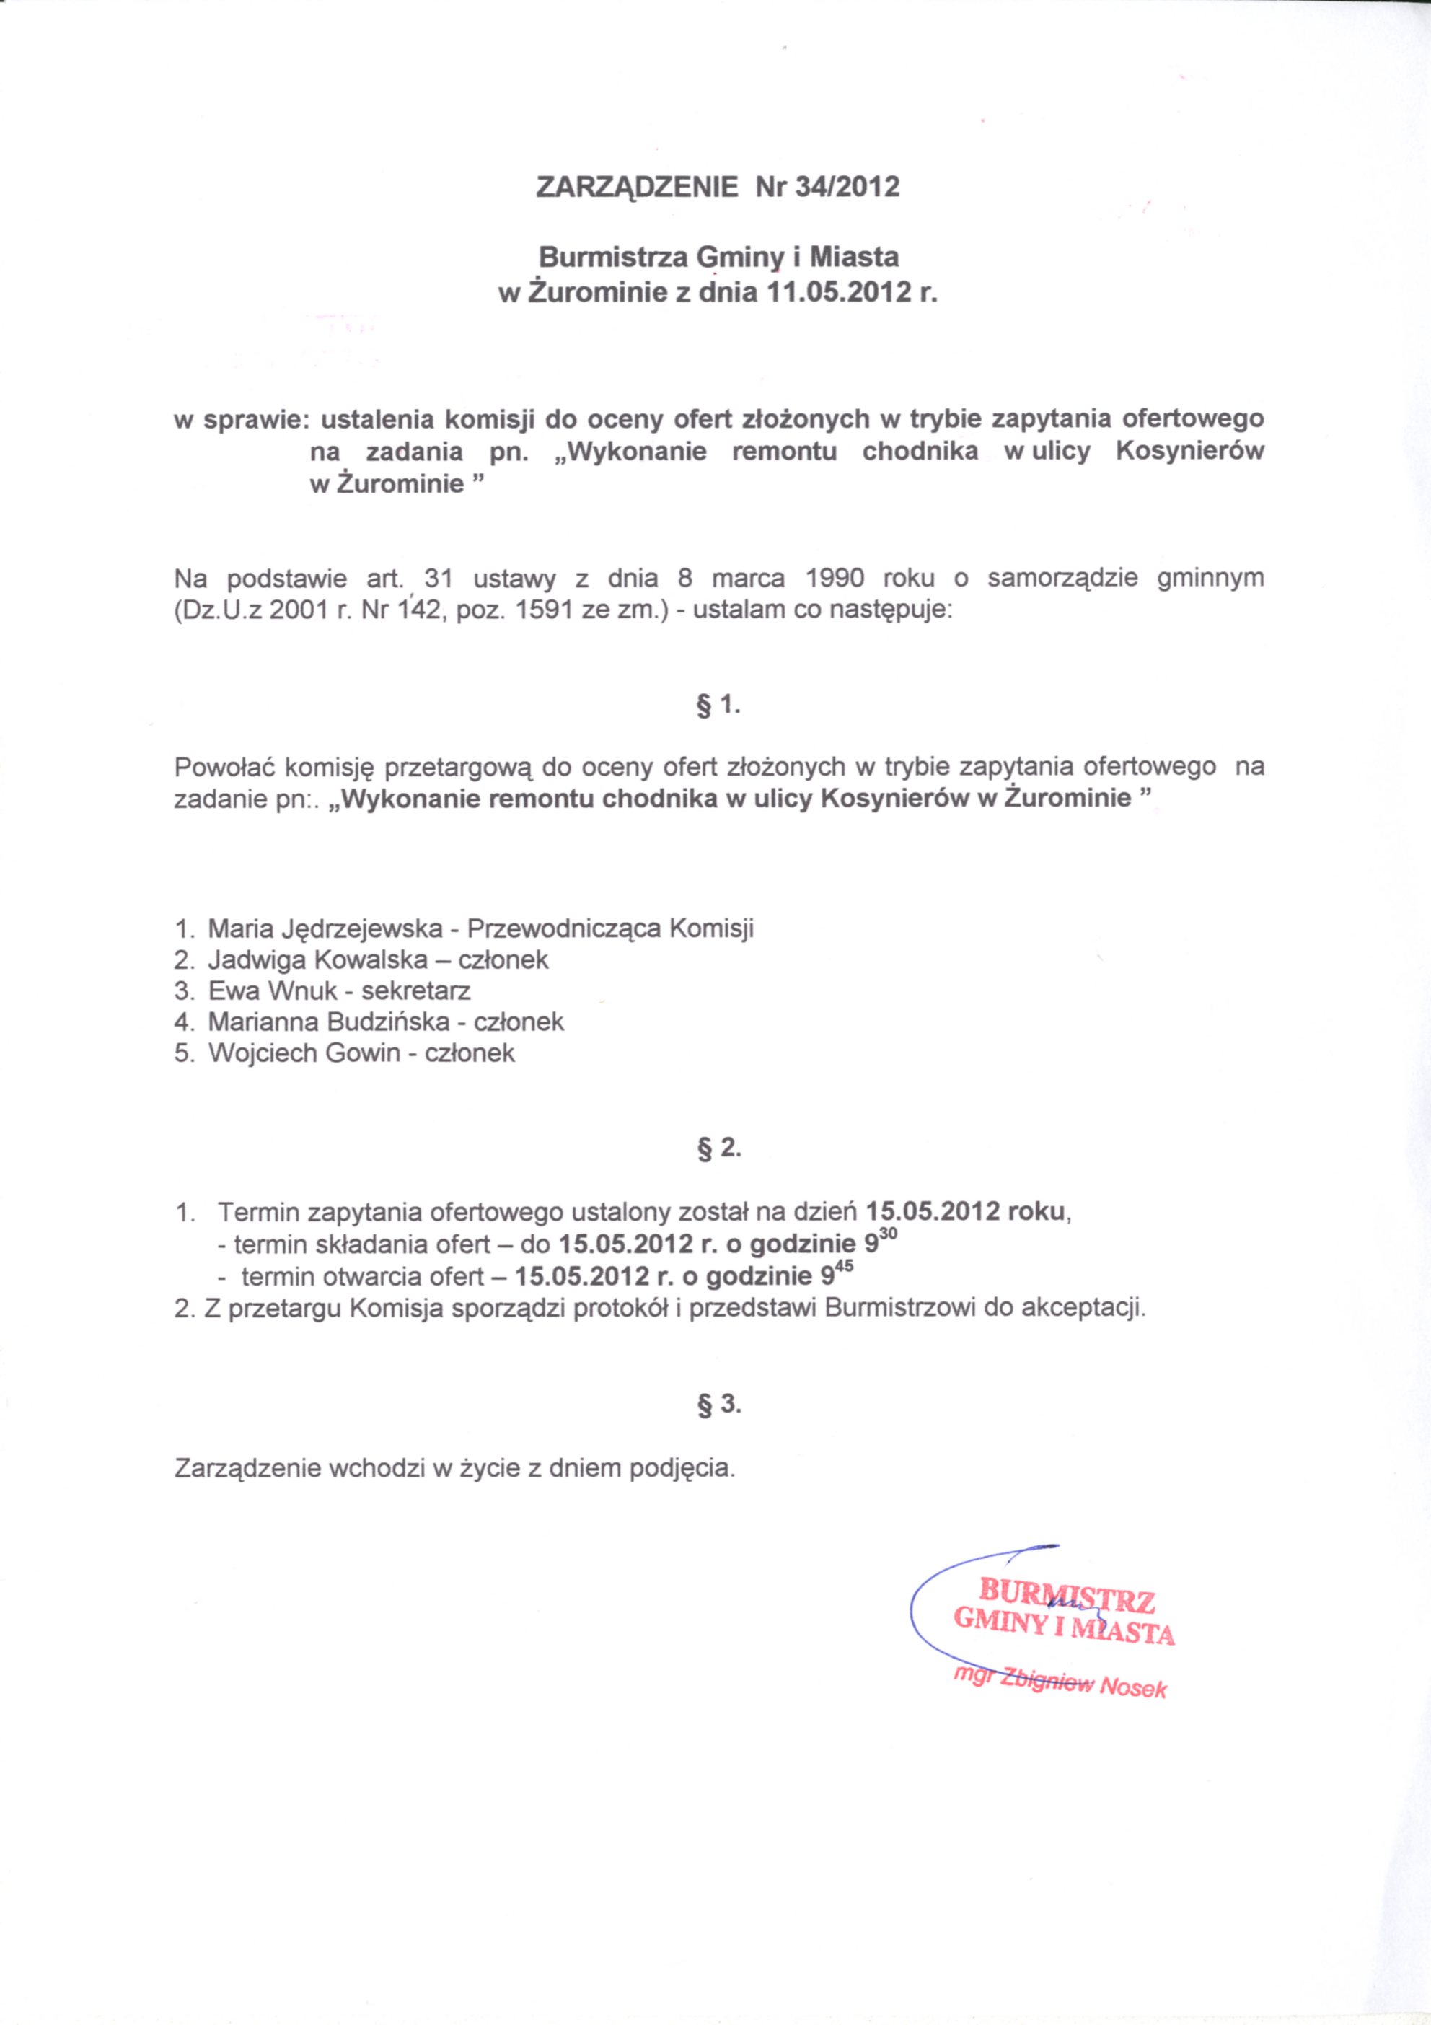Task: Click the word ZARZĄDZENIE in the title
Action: [637, 188]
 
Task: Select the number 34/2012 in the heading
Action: [847, 188]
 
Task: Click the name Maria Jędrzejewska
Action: [325, 928]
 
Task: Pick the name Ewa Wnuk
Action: [273, 990]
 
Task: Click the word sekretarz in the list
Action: [416, 990]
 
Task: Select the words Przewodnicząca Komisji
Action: [610, 928]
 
